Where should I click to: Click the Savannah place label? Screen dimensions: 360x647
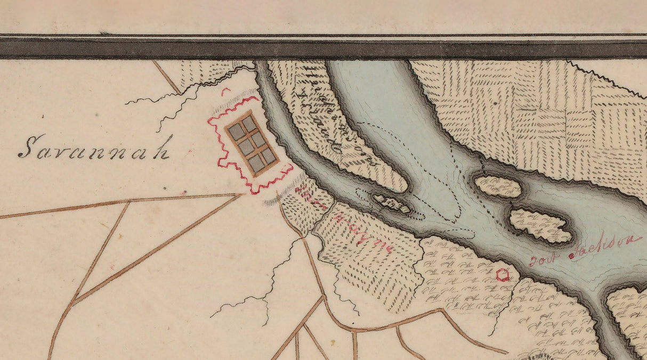click(94, 148)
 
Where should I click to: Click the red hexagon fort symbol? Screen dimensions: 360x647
click(502, 275)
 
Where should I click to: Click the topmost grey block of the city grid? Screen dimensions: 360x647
click(249, 124)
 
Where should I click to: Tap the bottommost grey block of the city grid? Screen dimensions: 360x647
click(256, 163)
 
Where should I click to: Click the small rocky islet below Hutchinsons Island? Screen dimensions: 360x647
click(392, 203)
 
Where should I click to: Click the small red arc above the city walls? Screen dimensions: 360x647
click(226, 92)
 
